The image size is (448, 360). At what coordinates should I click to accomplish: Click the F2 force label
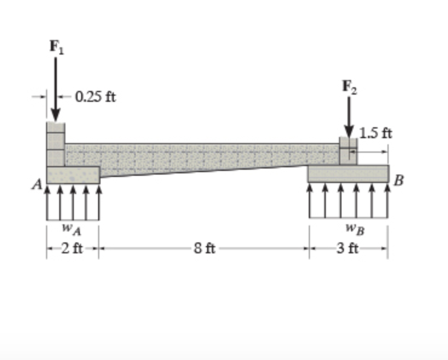(349, 86)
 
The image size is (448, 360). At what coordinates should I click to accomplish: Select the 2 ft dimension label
(73, 248)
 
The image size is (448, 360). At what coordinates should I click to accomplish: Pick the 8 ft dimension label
(203, 248)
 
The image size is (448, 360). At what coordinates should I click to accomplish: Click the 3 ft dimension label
(348, 248)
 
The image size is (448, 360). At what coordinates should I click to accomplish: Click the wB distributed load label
(349, 230)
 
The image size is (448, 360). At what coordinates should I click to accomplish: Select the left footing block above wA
(73, 175)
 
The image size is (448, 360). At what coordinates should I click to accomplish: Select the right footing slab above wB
(348, 173)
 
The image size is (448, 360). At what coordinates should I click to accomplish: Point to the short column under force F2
(348, 151)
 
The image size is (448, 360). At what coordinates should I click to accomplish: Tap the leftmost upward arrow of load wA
(48, 203)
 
